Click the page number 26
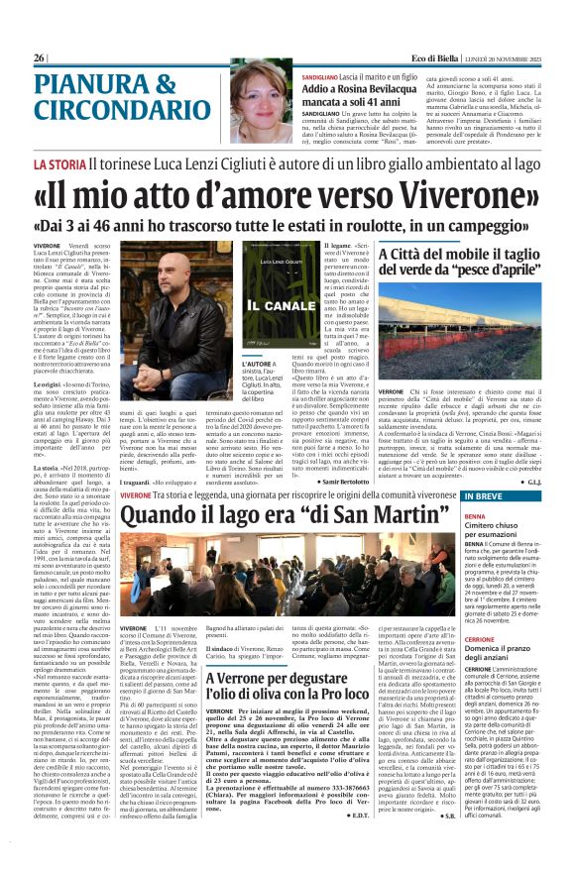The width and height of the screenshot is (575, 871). pos(39,58)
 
